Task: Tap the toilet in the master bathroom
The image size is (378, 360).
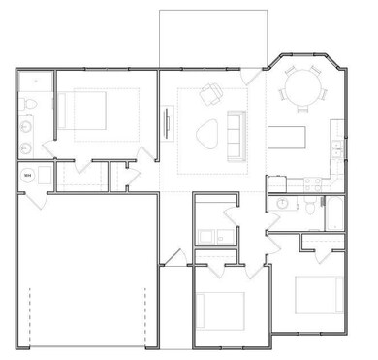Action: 29,104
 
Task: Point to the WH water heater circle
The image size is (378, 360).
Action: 28,175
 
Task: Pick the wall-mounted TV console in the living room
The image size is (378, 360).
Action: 168,124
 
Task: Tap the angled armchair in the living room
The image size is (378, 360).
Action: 210,94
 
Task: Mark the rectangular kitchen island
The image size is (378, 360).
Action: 289,144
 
